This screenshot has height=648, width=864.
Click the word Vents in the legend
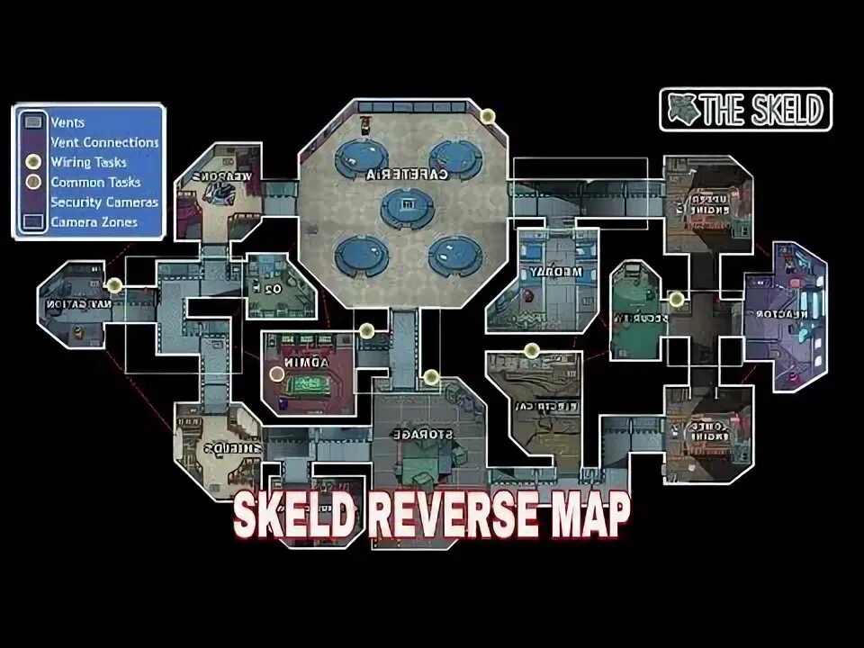(x=68, y=122)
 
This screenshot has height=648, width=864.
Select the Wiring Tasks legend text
(x=88, y=162)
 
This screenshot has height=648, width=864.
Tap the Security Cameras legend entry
(x=104, y=202)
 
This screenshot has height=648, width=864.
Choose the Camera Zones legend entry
(x=94, y=221)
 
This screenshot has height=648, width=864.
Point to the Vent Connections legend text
(x=104, y=142)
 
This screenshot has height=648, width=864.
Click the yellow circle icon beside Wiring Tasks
(x=33, y=162)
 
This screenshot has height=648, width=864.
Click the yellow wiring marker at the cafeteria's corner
(x=488, y=116)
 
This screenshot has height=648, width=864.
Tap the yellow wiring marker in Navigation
(x=114, y=285)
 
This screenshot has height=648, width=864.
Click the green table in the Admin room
(x=309, y=385)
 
